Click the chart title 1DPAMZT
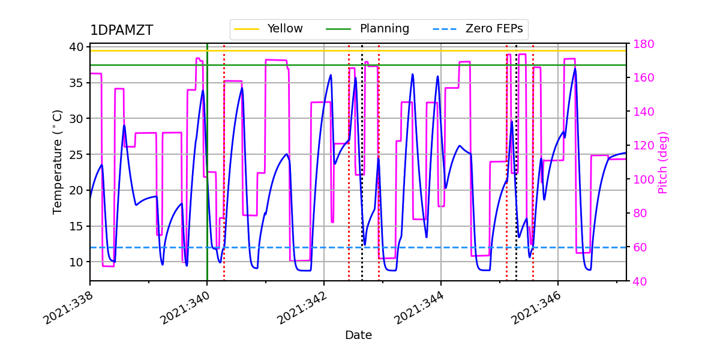point(121,31)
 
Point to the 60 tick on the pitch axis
point(639,247)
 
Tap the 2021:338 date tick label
point(67,307)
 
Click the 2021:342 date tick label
point(301,307)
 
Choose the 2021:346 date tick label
point(535,307)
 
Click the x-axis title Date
point(358,335)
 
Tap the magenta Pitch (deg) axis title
point(663,162)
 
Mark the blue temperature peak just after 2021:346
point(575,68)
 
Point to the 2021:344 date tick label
point(418,307)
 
